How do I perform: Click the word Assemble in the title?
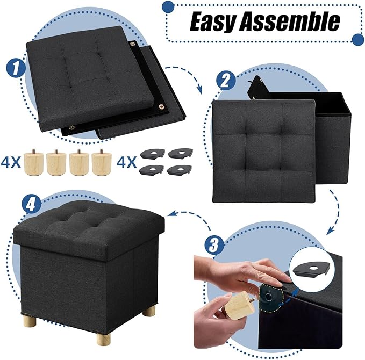(x=291, y=21)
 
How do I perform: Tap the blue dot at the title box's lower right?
(x=357, y=39)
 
